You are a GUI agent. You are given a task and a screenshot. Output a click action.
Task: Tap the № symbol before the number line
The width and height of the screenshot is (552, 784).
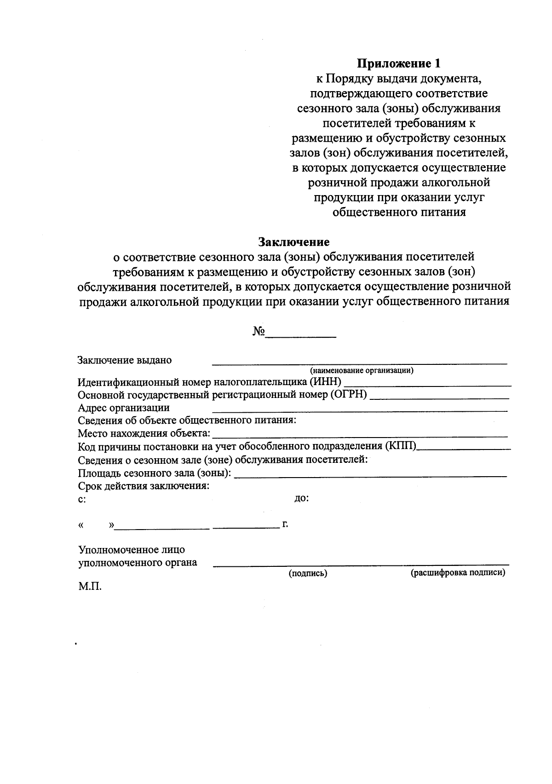pyautogui.click(x=259, y=332)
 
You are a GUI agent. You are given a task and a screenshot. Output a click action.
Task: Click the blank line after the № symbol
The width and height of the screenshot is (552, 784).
pyautogui.click(x=301, y=336)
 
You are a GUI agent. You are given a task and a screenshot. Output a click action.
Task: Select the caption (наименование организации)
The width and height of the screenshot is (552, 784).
pyautogui.click(x=362, y=370)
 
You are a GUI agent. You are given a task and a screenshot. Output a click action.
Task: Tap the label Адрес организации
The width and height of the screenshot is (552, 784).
pyautogui.click(x=124, y=408)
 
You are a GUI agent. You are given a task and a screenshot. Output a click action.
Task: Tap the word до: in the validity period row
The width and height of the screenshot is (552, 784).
pyautogui.click(x=301, y=498)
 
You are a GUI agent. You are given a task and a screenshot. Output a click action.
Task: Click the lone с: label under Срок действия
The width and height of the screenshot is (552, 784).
pyautogui.click(x=81, y=499)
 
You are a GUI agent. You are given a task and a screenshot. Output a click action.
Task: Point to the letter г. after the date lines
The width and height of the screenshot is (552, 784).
pyautogui.click(x=285, y=524)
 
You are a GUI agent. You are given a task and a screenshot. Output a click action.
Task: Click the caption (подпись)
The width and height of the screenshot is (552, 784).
pyautogui.click(x=308, y=574)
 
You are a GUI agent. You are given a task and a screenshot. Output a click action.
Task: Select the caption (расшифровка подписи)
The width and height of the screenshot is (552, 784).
pyautogui.click(x=458, y=573)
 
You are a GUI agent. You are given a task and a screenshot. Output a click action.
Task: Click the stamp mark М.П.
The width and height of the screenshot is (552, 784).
pyautogui.click(x=90, y=588)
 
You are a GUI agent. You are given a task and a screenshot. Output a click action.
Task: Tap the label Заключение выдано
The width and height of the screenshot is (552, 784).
pyautogui.click(x=125, y=360)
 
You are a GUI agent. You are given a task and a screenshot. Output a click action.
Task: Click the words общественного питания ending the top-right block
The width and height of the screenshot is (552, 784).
pyautogui.click(x=399, y=212)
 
